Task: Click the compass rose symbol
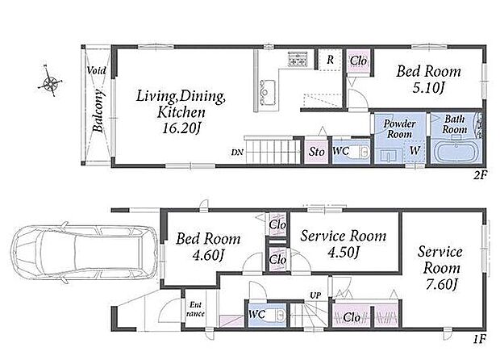click(x=50, y=82)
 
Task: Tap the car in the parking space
click(x=85, y=253)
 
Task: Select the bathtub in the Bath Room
click(x=456, y=152)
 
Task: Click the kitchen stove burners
click(x=298, y=59)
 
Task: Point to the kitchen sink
click(x=268, y=92)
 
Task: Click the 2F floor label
click(x=480, y=175)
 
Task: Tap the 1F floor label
click(x=480, y=339)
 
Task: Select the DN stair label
click(x=237, y=153)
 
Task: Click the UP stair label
click(x=315, y=295)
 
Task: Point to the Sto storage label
click(x=316, y=152)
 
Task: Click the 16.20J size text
click(x=181, y=128)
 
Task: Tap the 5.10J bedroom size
click(x=428, y=88)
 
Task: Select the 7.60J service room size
click(x=442, y=284)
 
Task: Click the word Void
click(x=96, y=70)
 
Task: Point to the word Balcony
click(x=98, y=111)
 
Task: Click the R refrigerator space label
click(x=331, y=60)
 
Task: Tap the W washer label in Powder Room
click(x=415, y=150)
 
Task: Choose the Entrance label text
click(x=195, y=309)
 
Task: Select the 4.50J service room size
click(x=344, y=253)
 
